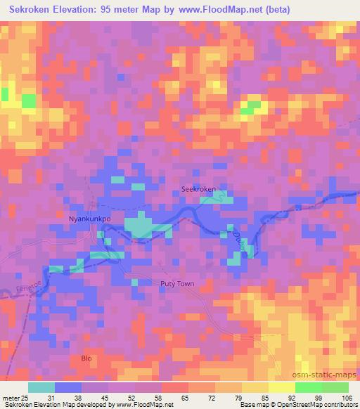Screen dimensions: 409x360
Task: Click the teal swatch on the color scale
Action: [41, 387]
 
